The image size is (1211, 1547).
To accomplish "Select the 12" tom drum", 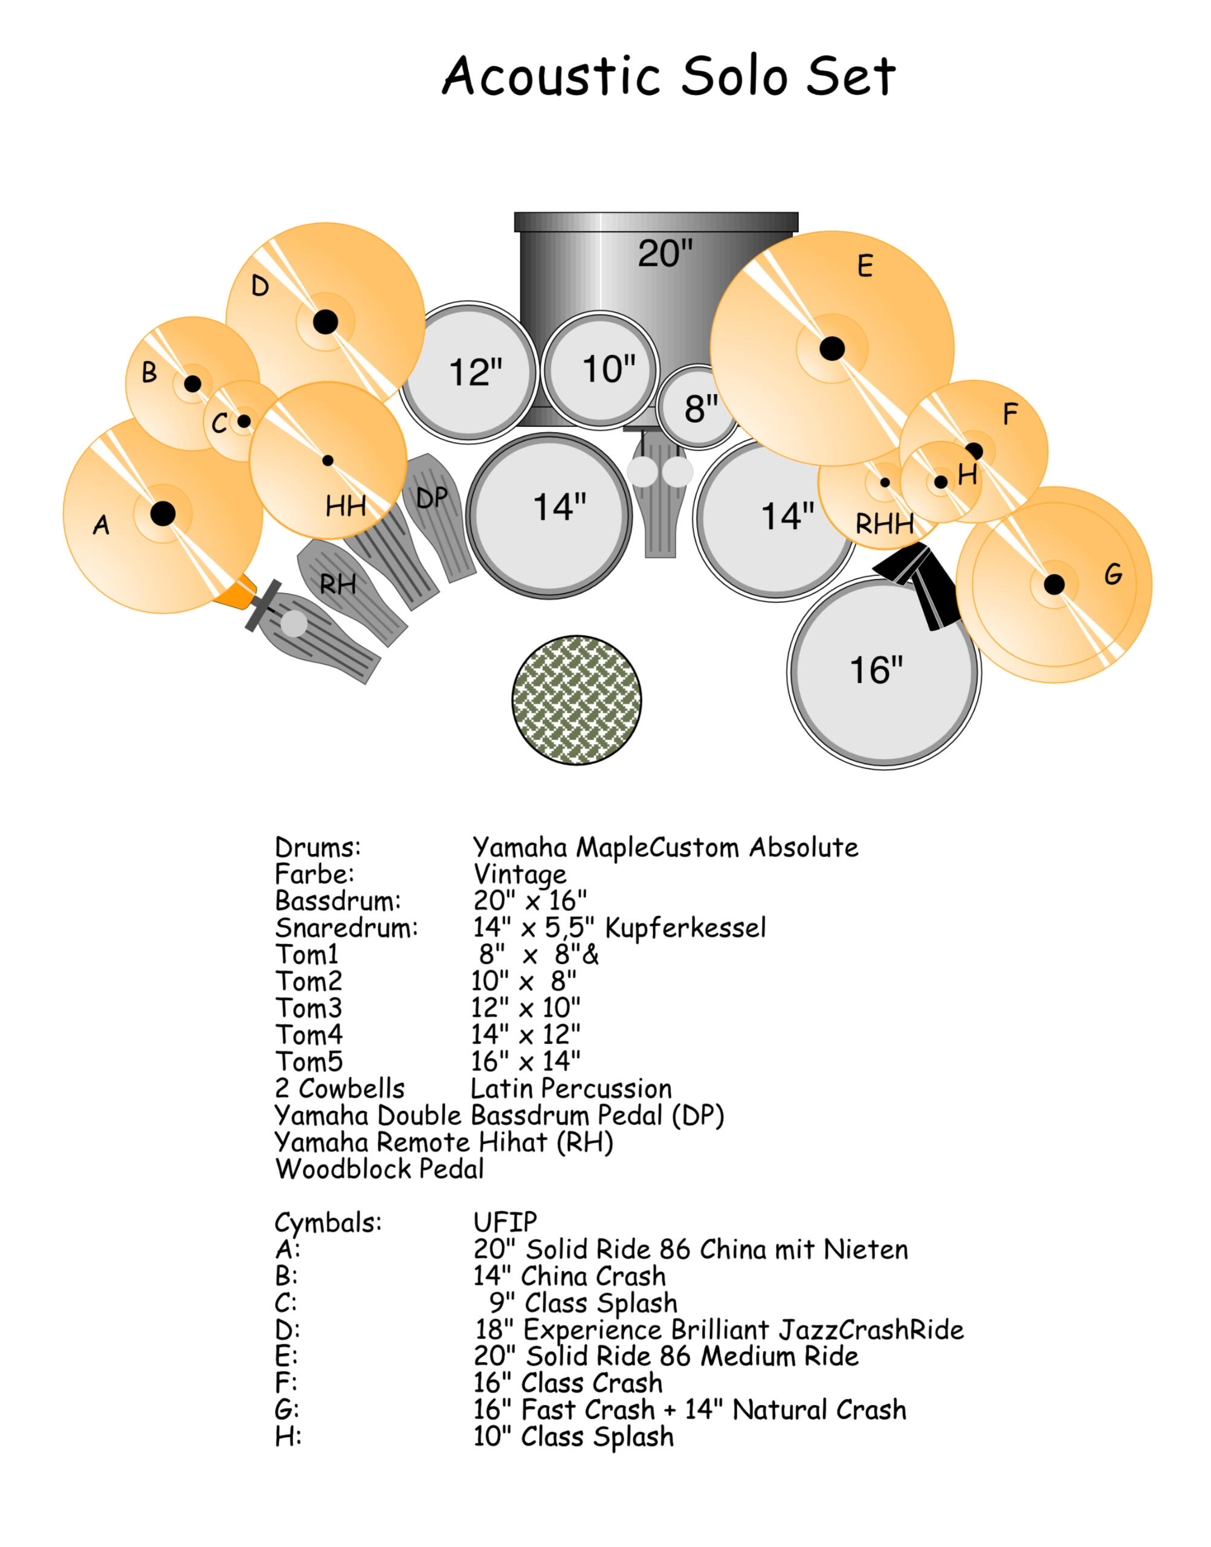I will [x=470, y=372].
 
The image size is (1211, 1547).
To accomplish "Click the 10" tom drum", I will [x=601, y=369].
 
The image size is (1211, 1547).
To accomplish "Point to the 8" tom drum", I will [x=699, y=409].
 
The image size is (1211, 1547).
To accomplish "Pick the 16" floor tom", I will [x=883, y=672].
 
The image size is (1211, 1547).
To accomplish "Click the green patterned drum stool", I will [x=576, y=700].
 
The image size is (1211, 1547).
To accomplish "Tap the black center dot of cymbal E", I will [x=832, y=348].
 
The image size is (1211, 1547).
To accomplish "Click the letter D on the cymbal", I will [x=260, y=286].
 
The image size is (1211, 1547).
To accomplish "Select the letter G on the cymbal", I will [x=1113, y=574].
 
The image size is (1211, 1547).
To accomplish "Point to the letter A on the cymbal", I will [x=102, y=525].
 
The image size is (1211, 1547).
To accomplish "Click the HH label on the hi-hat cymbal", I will [x=346, y=506].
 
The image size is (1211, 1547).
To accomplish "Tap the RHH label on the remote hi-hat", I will [x=884, y=525].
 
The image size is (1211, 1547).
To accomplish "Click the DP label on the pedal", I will [x=432, y=498].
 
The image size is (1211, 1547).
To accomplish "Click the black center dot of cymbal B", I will [x=192, y=384].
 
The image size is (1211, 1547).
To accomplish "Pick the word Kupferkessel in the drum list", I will [x=686, y=928].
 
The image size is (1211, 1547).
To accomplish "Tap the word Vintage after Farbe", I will [x=520, y=874].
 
